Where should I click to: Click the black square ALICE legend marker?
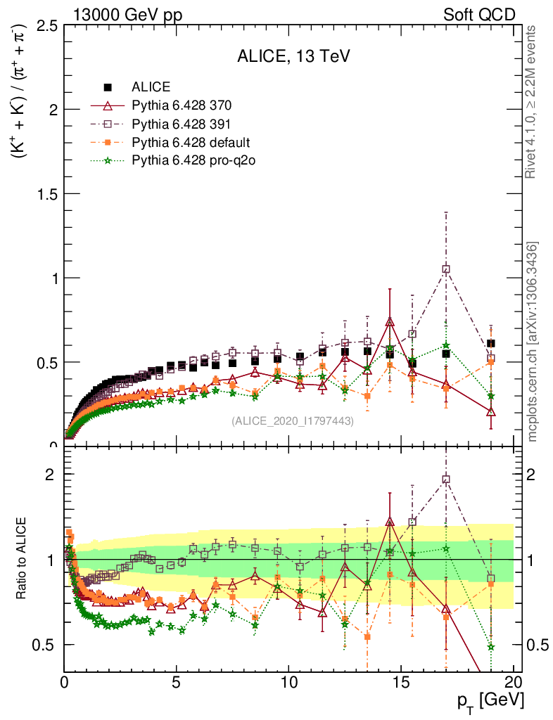(x=108, y=88)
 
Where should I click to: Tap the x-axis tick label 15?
(x=401, y=681)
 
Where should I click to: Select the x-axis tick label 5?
(x=177, y=681)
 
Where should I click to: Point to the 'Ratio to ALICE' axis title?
(x=23, y=559)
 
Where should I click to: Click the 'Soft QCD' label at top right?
(x=479, y=15)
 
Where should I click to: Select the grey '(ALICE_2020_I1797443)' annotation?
(x=293, y=420)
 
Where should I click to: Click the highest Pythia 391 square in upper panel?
(x=445, y=269)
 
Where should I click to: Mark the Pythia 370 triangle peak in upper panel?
(x=390, y=322)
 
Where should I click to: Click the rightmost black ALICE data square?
(x=490, y=344)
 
